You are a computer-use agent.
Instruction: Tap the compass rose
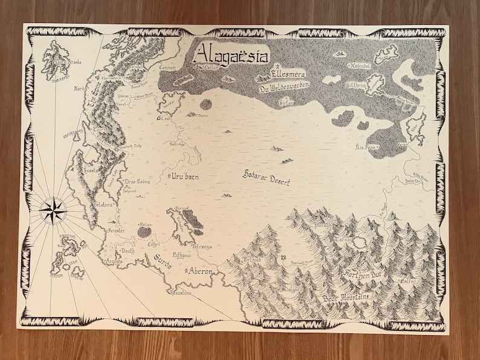[x=53, y=208]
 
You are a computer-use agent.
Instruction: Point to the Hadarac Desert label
[x=266, y=177]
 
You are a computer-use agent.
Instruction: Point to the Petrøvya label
[x=201, y=246]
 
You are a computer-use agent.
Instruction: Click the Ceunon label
[x=167, y=68]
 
